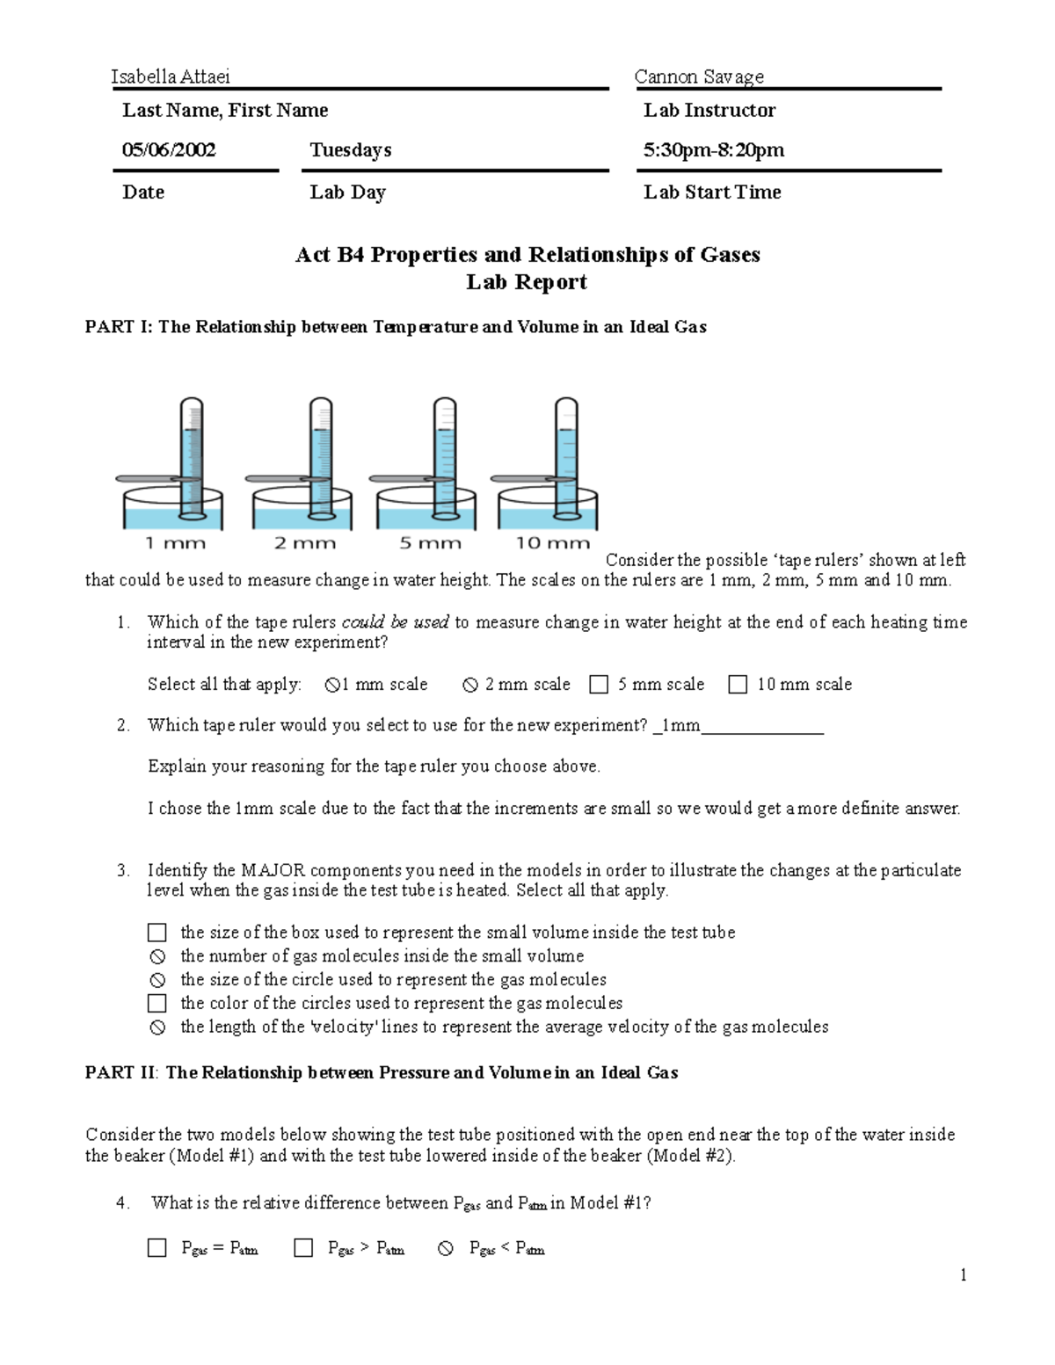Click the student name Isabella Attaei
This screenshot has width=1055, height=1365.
(x=171, y=76)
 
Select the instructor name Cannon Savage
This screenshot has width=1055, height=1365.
(x=699, y=76)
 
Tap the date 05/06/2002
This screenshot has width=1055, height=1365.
(x=169, y=149)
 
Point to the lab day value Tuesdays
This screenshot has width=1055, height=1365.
(x=350, y=149)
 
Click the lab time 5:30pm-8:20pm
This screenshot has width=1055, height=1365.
(x=713, y=149)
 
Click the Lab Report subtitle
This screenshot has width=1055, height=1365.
(x=526, y=282)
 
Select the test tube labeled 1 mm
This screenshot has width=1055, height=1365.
(x=191, y=457)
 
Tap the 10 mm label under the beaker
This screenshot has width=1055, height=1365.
(x=552, y=543)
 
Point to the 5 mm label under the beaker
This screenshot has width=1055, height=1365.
(x=430, y=543)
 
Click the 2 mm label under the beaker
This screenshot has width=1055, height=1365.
(x=304, y=543)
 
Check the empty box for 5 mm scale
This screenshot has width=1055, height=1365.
(x=599, y=685)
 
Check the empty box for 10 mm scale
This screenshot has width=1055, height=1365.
(x=738, y=685)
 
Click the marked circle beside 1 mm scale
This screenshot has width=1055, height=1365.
(x=332, y=685)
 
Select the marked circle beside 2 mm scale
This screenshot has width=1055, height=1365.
(x=470, y=685)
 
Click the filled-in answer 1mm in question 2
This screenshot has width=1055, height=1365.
(x=680, y=725)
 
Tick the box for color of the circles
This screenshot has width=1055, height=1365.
(x=157, y=1003)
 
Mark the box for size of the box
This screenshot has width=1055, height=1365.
(x=157, y=933)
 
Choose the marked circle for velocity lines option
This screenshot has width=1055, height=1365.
(x=157, y=1027)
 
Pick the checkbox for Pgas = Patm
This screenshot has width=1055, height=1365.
(x=157, y=1248)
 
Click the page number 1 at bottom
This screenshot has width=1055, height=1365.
(x=964, y=1275)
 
